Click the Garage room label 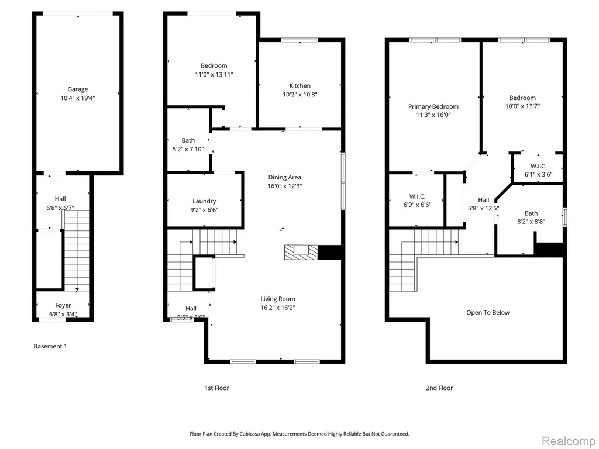coord(78,89)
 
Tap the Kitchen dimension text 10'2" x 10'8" coord(300,94)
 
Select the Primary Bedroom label coord(433,106)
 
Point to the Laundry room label coord(204,201)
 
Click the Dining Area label coord(285,177)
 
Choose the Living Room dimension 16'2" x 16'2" coord(278,308)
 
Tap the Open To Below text coord(488,313)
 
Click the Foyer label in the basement coord(63,305)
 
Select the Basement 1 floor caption coord(50,346)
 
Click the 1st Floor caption coord(216,388)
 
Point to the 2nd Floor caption coord(439,388)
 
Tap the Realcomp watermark coord(567,441)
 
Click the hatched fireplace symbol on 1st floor coord(301,253)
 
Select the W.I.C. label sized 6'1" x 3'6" coord(538,166)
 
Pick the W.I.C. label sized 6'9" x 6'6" coord(417,196)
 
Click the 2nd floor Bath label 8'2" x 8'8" coord(531,213)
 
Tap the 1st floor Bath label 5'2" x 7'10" coord(188,140)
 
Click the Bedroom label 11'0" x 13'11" coord(214,65)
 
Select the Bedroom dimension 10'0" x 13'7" coord(522,106)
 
